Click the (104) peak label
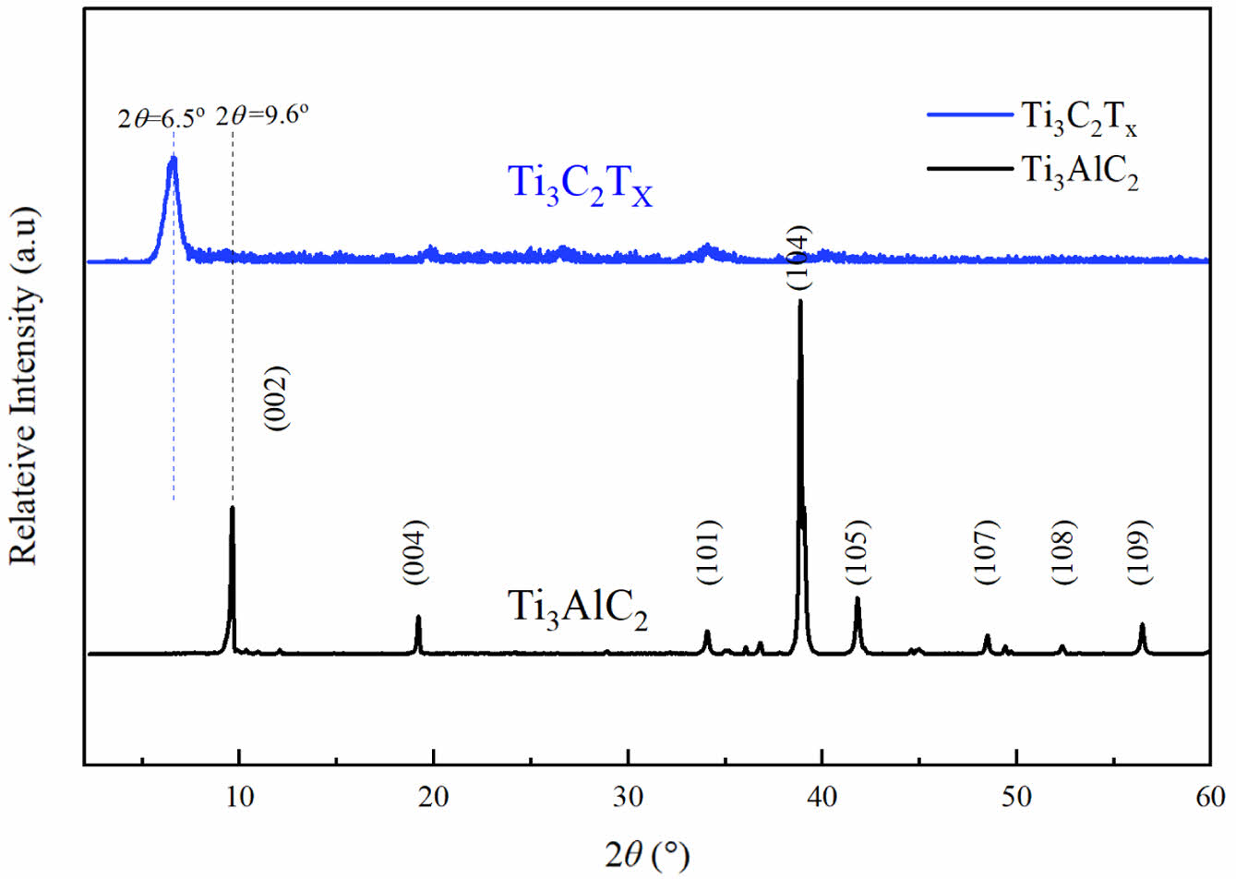pyautogui.click(x=799, y=258)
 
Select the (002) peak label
pyautogui.click(x=278, y=399)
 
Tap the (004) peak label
pyautogui.click(x=415, y=552)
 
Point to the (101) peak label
pyautogui.click(x=708, y=552)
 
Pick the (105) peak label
pyautogui.click(x=858, y=552)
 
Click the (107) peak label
pyautogui.click(x=987, y=552)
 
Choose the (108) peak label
pyautogui.click(x=1063, y=552)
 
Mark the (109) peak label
pyautogui.click(x=1141, y=552)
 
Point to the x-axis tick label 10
pyautogui.click(x=239, y=796)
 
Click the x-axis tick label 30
pyautogui.click(x=628, y=796)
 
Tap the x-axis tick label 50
pyautogui.click(x=1016, y=796)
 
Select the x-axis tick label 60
pyautogui.click(x=1210, y=796)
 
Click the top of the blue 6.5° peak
pyautogui.click(x=172, y=160)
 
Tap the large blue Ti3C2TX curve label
pyautogui.click(x=581, y=184)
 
